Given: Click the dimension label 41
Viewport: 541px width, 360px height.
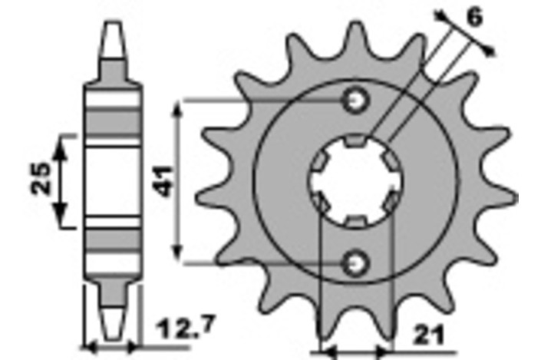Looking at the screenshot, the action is pos(163,181).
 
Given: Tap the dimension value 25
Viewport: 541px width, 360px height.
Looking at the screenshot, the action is pos(41,178).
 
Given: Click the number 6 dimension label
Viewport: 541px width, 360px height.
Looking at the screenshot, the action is pos(475,17).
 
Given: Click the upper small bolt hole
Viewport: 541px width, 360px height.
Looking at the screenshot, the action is pos(355,101).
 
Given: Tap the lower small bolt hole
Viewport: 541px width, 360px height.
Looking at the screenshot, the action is pos(355,264).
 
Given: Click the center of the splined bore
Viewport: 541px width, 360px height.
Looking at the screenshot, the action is pos(356,181).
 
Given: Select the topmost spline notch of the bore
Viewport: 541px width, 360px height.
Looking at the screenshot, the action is pos(355,140).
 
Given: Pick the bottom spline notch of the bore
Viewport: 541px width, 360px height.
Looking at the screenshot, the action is pos(356,222).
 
